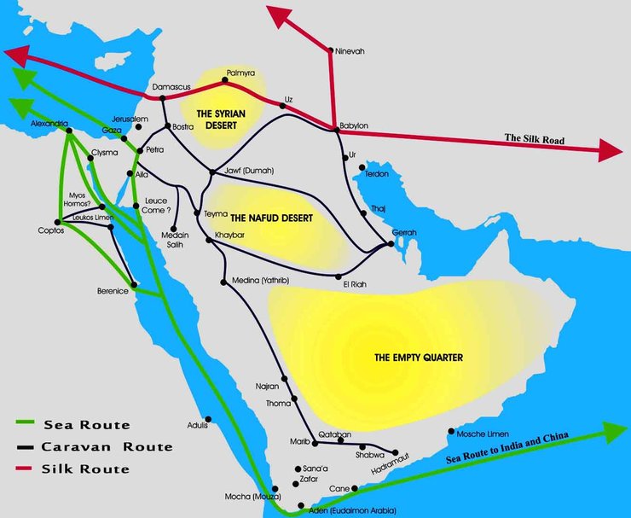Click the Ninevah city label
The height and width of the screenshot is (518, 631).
[350, 51]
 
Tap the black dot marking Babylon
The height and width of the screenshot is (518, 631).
[333, 130]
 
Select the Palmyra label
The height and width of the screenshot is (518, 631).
[240, 74]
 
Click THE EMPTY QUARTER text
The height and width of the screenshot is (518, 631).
[418, 358]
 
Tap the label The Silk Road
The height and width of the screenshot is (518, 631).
[535, 137]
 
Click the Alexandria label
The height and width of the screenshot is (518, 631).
[49, 124]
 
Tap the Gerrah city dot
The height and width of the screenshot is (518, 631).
[391, 243]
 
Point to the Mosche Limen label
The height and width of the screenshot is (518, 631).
[483, 433]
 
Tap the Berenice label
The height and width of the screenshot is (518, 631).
[113, 292]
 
